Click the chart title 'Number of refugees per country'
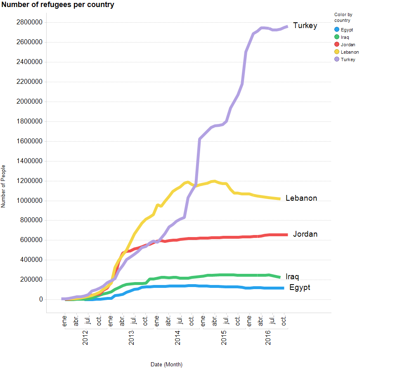point(58,5)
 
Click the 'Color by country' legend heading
point(343,17)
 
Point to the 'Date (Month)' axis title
point(166,364)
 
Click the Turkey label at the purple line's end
point(305,26)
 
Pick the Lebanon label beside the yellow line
point(301,198)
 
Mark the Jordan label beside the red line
point(305,234)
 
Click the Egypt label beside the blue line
point(300,287)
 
